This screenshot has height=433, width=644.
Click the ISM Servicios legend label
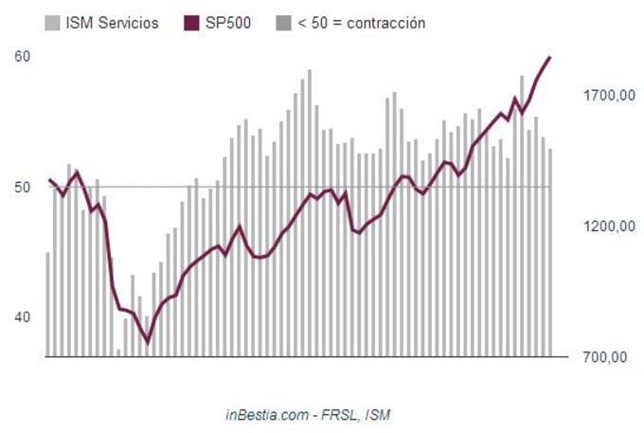pyautogui.click(x=113, y=22)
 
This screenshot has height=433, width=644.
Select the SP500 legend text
pyautogui.click(x=228, y=22)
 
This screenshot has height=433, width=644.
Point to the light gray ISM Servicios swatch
pyautogui.click(x=53, y=22)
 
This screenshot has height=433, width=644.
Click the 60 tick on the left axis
pyautogui.click(x=23, y=56)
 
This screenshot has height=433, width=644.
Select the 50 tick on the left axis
pyautogui.click(x=23, y=187)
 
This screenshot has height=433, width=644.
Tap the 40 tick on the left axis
pyautogui.click(x=23, y=317)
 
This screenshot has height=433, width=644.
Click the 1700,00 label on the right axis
pyautogui.click(x=608, y=95)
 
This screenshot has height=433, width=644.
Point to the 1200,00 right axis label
pyautogui.click(x=608, y=226)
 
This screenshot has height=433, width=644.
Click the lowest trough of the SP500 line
pyautogui.click(x=147, y=341)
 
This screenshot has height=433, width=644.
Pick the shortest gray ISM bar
pyautogui.click(x=118, y=352)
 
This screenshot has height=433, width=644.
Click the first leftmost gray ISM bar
pyautogui.click(x=48, y=304)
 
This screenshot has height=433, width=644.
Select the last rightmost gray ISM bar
pyautogui.click(x=550, y=252)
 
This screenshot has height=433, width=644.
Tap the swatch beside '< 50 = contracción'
pyautogui.click(x=282, y=22)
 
